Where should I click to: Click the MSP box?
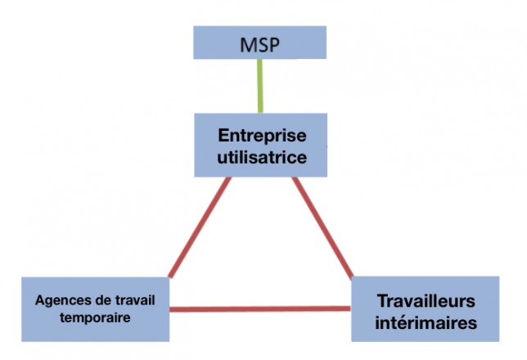point(259,43)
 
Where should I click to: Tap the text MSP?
point(259,45)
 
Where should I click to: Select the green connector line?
point(260,86)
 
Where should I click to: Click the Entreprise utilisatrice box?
point(261,145)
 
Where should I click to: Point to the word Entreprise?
point(262,136)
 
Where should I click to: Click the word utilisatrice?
point(262,157)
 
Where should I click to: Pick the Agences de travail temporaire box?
point(96,309)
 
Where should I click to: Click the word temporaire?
point(95,317)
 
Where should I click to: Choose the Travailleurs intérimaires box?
point(426,309)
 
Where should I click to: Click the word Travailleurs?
point(426,300)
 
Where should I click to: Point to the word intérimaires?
point(426,322)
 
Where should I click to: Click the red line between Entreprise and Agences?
point(200,227)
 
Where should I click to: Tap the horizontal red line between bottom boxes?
point(260,309)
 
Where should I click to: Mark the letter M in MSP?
point(249,45)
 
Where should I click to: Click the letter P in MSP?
point(274,45)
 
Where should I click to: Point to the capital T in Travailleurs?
point(382,300)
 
